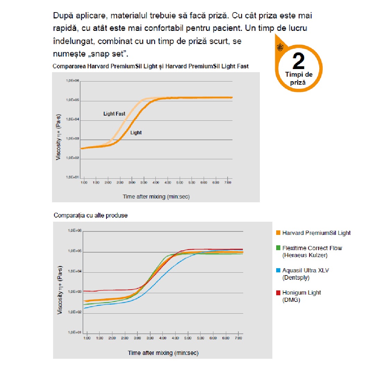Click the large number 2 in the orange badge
pyautogui.click(x=298, y=61)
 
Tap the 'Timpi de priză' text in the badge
pyautogui.click(x=298, y=78)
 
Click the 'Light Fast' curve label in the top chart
pyautogui.click(x=114, y=114)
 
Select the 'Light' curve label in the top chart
pyautogui.click(x=136, y=133)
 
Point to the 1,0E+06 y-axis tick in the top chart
pyautogui.click(x=73, y=80)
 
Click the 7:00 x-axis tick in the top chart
pyautogui.click(x=228, y=182)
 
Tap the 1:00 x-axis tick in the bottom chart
pyautogui.click(x=87, y=338)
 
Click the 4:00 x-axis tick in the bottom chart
pyautogui.click(x=162, y=338)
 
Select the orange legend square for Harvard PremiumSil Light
pyautogui.click(x=278, y=233)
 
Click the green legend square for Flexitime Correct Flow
pyautogui.click(x=278, y=248)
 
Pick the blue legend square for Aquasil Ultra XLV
pyautogui.click(x=278, y=270)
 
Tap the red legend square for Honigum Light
pyautogui.click(x=278, y=292)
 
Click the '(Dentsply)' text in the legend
pyautogui.click(x=296, y=278)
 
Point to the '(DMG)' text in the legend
pyautogui.click(x=291, y=300)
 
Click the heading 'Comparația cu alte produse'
pyautogui.click(x=91, y=215)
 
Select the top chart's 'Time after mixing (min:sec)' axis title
pyautogui.click(x=156, y=197)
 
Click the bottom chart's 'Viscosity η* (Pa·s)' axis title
pyautogui.click(x=60, y=290)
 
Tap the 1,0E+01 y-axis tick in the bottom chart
pyautogui.click(x=74, y=332)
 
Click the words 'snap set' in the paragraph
pyautogui.click(x=108, y=54)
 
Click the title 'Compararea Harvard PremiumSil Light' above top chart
pyautogui.click(x=150, y=66)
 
